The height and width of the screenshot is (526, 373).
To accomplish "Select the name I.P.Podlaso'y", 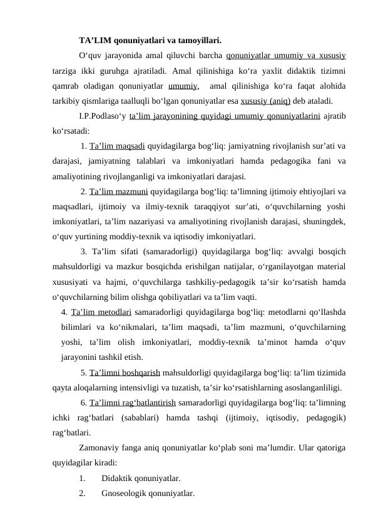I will click(103, 116).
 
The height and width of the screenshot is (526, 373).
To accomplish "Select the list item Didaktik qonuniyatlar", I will click(141, 479).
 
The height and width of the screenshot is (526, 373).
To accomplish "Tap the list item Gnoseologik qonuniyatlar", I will click(148, 494).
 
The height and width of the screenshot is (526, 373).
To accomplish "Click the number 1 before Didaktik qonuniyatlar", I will click(83, 479).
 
